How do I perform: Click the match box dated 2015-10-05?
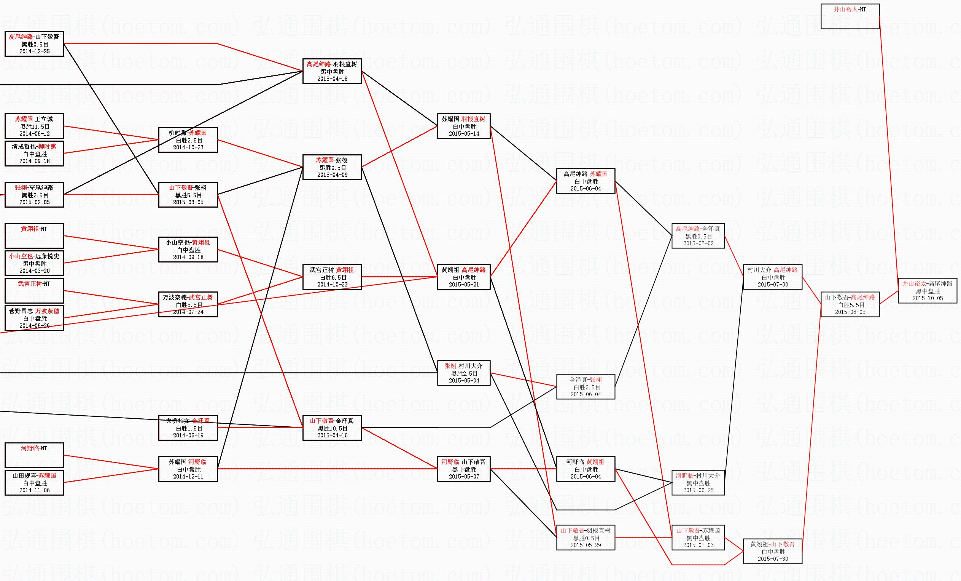[x=927, y=291]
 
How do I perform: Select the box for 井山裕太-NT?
[x=850, y=16]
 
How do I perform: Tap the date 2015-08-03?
[x=850, y=312]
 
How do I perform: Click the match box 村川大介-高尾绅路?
[x=772, y=277]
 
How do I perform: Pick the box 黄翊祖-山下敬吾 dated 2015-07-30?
[x=772, y=551]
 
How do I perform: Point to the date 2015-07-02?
[x=698, y=243]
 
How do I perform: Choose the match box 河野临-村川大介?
[x=698, y=483]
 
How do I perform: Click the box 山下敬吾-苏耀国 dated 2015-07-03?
[x=698, y=537]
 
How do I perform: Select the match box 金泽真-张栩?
[x=586, y=387]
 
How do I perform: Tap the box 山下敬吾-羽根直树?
[x=586, y=537]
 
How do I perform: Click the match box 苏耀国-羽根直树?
[x=463, y=126]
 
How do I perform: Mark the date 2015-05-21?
[x=463, y=285]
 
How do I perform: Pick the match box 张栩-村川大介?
[x=463, y=373]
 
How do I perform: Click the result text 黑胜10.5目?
[x=332, y=428]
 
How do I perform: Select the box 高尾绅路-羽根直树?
[x=332, y=71]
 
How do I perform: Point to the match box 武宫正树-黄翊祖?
[x=332, y=277]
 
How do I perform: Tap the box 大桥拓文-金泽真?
[x=188, y=428]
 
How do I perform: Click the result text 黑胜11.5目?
[x=35, y=126]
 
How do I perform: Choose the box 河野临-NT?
[x=34, y=455]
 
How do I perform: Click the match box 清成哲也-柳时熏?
[x=34, y=154]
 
